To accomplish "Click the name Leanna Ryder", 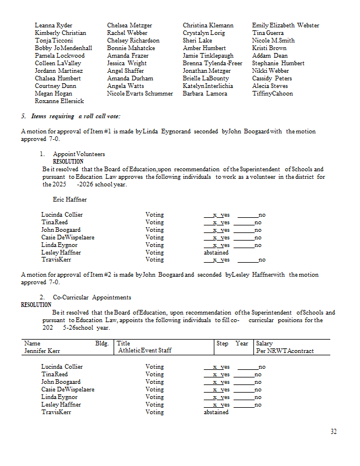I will tap(54, 26).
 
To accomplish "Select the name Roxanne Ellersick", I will tap(59, 101).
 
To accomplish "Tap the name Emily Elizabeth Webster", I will tap(285, 26).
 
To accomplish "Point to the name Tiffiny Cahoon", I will tap(273, 93).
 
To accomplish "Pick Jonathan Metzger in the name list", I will tap(206, 70).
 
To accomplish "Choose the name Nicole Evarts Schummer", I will tap(140, 93).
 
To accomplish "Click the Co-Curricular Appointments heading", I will tap(88, 298).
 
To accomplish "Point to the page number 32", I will tap(333, 432).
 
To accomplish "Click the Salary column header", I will tap(264, 344).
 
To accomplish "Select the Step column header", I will tap(222, 344).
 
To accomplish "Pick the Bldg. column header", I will tap(102, 344).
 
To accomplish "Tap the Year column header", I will tap(242, 344).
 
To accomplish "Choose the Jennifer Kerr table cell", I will tap(43, 351).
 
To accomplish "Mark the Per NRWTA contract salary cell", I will tap(285, 351).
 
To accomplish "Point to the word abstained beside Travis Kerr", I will tap(216, 412).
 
